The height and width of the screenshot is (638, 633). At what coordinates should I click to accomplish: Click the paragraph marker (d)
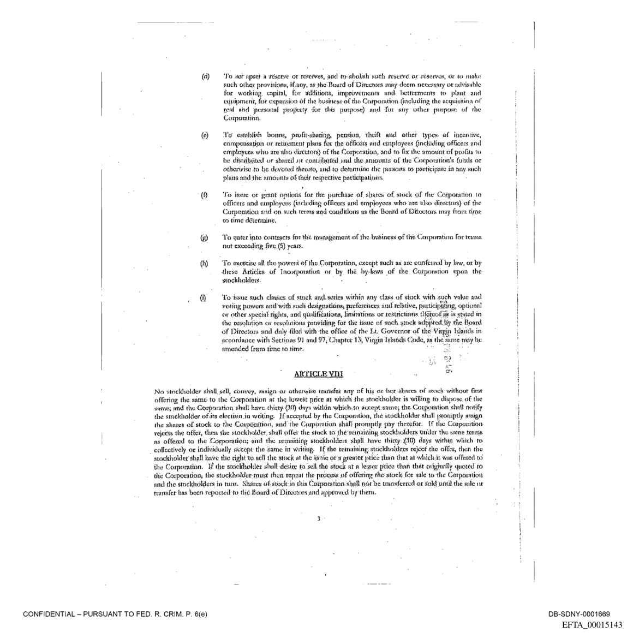pyautogui.click(x=205, y=75)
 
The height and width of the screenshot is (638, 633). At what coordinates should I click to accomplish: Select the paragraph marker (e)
pyautogui.click(x=205, y=135)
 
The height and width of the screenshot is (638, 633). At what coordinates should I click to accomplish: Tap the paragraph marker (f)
pyautogui.click(x=205, y=195)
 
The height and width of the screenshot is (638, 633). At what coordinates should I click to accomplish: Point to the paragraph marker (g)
pyautogui.click(x=205, y=237)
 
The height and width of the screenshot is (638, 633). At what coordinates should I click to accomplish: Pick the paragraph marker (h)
pyautogui.click(x=205, y=263)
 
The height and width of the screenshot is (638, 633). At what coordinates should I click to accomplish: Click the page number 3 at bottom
pyautogui.click(x=318, y=517)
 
